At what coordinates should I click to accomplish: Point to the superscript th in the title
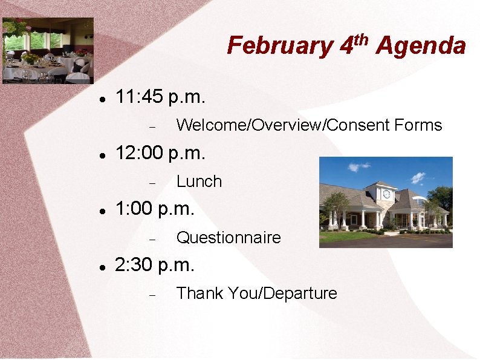click(x=361, y=39)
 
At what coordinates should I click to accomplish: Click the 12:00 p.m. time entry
click(x=160, y=153)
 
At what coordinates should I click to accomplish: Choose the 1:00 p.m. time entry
click(x=155, y=209)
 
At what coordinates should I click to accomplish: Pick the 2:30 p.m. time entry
click(x=155, y=265)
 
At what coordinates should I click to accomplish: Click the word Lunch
click(x=199, y=182)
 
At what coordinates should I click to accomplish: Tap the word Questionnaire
click(x=229, y=238)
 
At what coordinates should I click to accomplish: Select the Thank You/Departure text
click(x=256, y=293)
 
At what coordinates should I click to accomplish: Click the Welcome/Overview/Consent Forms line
click(x=309, y=125)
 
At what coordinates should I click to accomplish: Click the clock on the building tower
click(x=386, y=194)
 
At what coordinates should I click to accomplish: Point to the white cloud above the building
click(x=418, y=177)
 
